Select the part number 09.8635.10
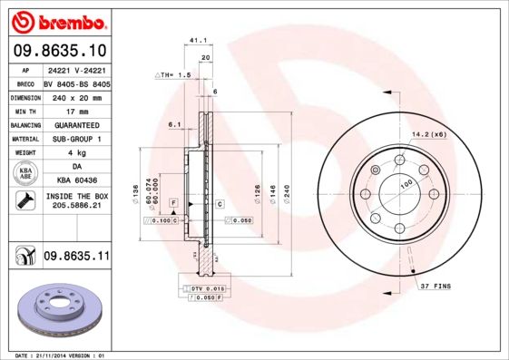(x=61, y=51)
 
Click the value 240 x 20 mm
(x=75, y=96)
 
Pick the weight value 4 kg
(x=75, y=152)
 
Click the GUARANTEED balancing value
(x=75, y=124)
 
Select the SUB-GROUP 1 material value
(x=75, y=138)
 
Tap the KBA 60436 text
(x=75, y=180)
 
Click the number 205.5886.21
(x=75, y=207)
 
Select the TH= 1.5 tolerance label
(x=173, y=74)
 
